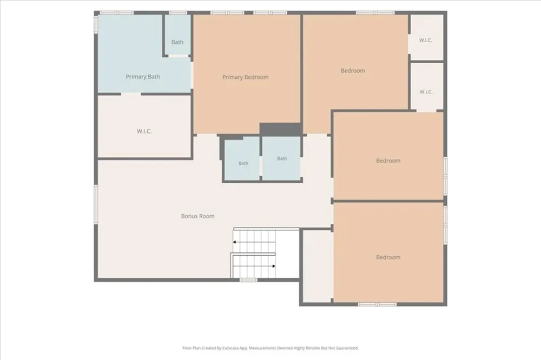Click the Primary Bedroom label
point(245,77)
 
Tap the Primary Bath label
point(143,77)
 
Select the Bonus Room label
point(197,216)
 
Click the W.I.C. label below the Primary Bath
point(144,131)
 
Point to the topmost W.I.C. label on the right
point(425,41)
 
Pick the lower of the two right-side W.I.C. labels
point(426,92)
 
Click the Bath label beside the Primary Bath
point(177,42)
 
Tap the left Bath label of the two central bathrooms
point(243,163)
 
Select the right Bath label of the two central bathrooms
point(282,158)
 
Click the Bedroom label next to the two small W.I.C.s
point(353,71)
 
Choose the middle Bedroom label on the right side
point(388,161)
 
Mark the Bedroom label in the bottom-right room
point(388,257)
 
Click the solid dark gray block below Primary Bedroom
point(280,129)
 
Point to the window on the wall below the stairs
point(248,280)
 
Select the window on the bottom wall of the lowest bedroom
point(377,304)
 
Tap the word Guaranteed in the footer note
point(348,348)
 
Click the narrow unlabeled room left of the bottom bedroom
point(318,266)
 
